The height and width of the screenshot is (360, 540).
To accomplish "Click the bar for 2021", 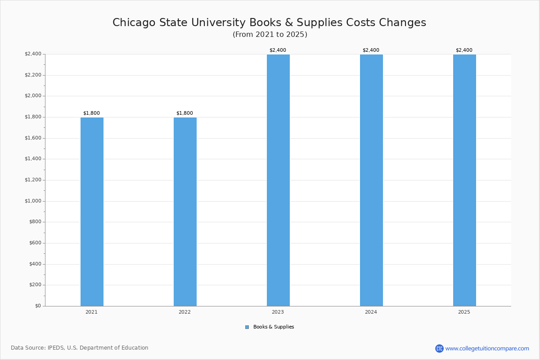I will pos(92,211).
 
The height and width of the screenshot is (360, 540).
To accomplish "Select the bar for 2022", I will pos(185,211).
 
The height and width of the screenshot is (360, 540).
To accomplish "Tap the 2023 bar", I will pos(278,180).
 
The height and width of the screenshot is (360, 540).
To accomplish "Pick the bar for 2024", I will pos(371,180).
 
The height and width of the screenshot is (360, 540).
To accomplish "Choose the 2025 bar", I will pos(464,180).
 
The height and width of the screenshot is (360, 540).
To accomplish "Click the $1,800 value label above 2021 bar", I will pos(91,113).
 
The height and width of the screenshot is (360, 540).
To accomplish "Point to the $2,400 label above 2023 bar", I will pos(278,50).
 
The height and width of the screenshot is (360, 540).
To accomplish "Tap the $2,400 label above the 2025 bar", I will pos(464,50).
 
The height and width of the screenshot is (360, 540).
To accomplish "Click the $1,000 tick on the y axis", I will pos(33,201).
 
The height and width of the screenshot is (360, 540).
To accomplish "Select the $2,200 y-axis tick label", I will pos(33,75).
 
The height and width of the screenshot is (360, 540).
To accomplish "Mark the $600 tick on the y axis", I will pos(35,243).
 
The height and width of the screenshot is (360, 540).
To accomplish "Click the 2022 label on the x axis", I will pos(184,312).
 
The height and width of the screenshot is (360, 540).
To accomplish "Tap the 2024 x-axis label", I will pos(371,312).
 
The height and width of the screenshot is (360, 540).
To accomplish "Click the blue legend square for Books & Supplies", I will pos(247,327).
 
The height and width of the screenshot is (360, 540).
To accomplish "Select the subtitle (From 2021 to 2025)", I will pos(270,35).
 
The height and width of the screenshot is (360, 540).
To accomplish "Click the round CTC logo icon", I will pos(439,348).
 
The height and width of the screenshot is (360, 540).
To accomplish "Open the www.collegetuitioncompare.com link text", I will pos(487,348).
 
